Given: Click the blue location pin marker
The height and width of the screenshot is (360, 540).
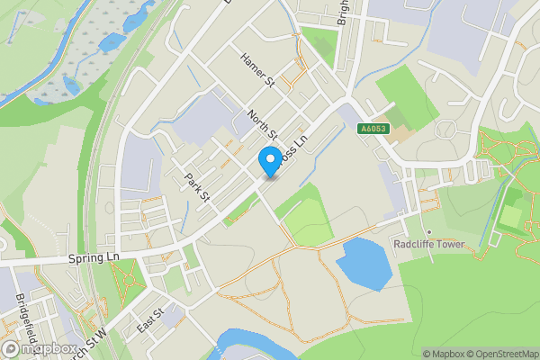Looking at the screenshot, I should pyautogui.click(x=268, y=162).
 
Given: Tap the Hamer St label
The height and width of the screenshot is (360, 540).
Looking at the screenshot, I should pyautogui.click(x=256, y=70).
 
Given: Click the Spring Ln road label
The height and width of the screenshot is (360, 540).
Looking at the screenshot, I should pyautogui.click(x=94, y=257).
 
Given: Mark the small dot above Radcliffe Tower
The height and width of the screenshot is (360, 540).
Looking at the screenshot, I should pyautogui.click(x=429, y=231).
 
